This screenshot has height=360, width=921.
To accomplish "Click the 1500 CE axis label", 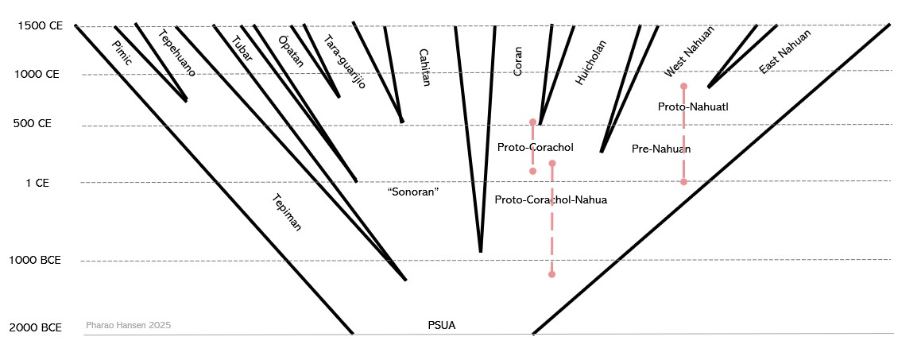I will click(40, 25).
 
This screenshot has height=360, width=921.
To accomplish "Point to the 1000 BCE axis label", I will click(35, 260).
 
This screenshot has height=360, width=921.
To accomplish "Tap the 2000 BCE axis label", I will click(35, 327).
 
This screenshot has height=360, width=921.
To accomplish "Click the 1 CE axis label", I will click(37, 182).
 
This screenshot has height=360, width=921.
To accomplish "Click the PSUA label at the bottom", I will click(442, 324).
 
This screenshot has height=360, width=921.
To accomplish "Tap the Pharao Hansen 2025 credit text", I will click(128, 325).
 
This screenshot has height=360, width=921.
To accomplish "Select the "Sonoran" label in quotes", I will click(413, 192).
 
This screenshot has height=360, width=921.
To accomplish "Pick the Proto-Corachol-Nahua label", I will click(550, 199).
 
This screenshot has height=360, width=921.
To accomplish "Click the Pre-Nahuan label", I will click(660, 149).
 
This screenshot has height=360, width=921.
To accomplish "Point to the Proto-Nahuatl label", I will click(687, 106).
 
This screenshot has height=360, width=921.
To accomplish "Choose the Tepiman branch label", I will click(287, 212).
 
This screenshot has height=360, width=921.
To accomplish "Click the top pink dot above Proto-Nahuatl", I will click(683, 86).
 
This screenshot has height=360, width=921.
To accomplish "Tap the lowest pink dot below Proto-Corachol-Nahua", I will click(551, 274).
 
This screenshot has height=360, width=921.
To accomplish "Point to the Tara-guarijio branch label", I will click(345, 60).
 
